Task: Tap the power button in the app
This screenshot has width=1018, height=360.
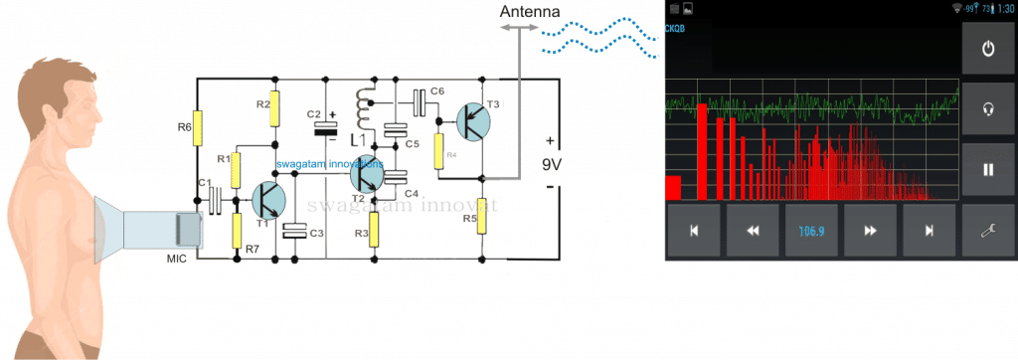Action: click(x=987, y=50)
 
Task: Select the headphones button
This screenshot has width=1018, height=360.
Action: click(x=987, y=109)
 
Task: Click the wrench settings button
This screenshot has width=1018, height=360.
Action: click(x=987, y=230)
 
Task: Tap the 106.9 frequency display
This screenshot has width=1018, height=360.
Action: click(x=811, y=231)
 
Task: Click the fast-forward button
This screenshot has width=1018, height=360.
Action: click(x=870, y=231)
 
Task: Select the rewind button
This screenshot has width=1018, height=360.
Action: click(x=753, y=231)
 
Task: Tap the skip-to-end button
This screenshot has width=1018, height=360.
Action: click(x=929, y=231)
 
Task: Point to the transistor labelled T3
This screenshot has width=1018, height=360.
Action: click(x=474, y=121)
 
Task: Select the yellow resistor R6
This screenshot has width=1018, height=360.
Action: click(x=198, y=126)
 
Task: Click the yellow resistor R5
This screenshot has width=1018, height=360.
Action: click(x=481, y=215)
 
